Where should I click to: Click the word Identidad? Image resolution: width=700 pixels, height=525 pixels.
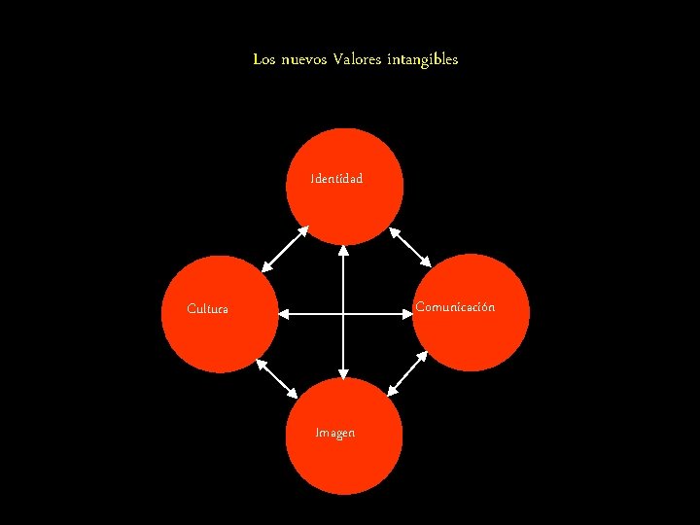point(336,179)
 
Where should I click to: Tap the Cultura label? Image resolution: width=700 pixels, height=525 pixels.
point(208,309)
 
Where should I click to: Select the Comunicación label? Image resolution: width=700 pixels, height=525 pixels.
point(455,307)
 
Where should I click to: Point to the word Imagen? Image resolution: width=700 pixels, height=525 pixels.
point(335,433)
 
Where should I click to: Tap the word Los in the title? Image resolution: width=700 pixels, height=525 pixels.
point(263,59)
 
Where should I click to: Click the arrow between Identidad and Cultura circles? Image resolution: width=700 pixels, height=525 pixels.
point(285,248)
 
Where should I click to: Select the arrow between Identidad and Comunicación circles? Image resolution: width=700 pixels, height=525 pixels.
point(409,247)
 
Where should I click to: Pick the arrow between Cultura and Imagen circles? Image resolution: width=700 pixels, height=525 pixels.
point(277,378)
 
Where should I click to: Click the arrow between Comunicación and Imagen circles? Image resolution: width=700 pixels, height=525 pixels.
point(408,372)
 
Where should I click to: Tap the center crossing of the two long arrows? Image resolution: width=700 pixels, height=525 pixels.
point(343,314)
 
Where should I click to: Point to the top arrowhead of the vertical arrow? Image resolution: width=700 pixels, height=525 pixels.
point(343,250)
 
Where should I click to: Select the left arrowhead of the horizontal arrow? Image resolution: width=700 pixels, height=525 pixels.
point(284,314)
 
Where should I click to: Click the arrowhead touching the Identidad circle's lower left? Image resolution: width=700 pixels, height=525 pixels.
point(302,231)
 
